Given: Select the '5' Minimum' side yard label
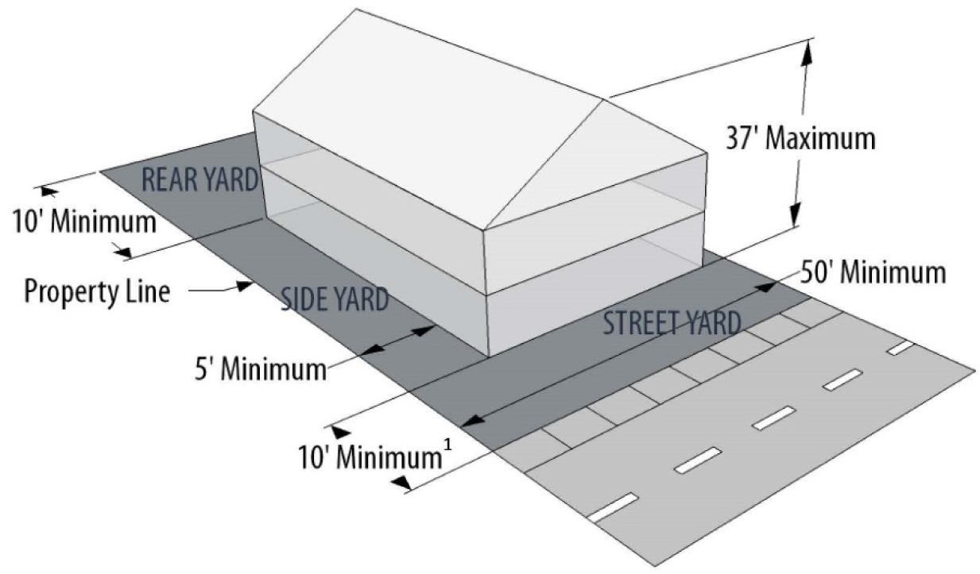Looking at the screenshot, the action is click(261, 369).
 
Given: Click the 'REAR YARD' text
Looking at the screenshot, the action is click(200, 180).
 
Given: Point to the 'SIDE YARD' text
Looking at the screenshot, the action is click(335, 300).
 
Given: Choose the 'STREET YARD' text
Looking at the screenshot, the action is click(672, 323).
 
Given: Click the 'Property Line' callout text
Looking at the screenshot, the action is click(96, 291).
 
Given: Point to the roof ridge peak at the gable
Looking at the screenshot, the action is click(609, 98).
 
